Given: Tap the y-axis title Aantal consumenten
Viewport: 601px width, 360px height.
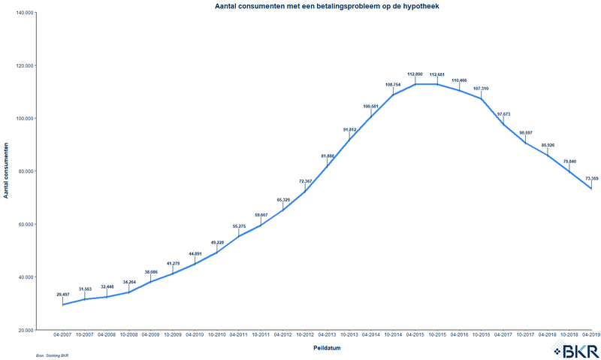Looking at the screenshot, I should pyautogui.click(x=7, y=171).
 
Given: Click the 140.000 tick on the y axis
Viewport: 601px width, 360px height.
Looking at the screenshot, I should pyautogui.click(x=24, y=13).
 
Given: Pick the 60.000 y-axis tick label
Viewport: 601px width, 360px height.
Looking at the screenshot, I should pyautogui.click(x=25, y=224).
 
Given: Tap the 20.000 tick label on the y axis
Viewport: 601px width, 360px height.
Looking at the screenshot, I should pyautogui.click(x=25, y=330).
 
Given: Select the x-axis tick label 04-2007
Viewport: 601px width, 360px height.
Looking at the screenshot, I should pyautogui.click(x=62, y=334).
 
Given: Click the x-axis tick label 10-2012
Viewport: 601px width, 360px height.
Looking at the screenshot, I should pyautogui.click(x=305, y=334).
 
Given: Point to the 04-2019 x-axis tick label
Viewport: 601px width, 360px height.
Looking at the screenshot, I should pyautogui.click(x=590, y=334).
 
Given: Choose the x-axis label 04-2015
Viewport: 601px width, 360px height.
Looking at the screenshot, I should pyautogui.click(x=415, y=334).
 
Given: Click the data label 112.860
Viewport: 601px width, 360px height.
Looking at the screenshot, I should pyautogui.click(x=415, y=74).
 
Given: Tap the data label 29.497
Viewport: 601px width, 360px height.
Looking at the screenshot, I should pyautogui.click(x=62, y=295).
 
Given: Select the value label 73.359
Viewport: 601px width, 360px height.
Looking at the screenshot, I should pyautogui.click(x=591, y=178).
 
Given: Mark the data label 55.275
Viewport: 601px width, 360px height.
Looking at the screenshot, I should pyautogui.click(x=239, y=226).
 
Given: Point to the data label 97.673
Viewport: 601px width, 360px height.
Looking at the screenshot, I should pyautogui.click(x=503, y=113).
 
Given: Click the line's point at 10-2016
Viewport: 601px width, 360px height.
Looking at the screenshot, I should pyautogui.click(x=482, y=98).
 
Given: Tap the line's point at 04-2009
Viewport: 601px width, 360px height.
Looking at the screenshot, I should pyautogui.click(x=151, y=282).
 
